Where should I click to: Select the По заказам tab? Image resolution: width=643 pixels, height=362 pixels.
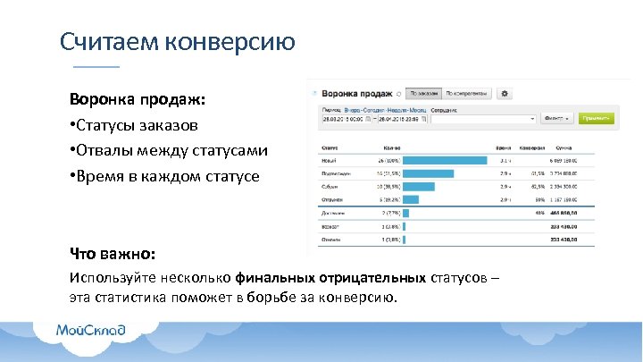tap(424, 93)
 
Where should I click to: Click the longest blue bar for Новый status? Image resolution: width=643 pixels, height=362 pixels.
tap(445, 160)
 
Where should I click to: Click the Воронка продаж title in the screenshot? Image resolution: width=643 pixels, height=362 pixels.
tap(357, 93)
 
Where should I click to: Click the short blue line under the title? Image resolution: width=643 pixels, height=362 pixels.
tap(95, 67)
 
